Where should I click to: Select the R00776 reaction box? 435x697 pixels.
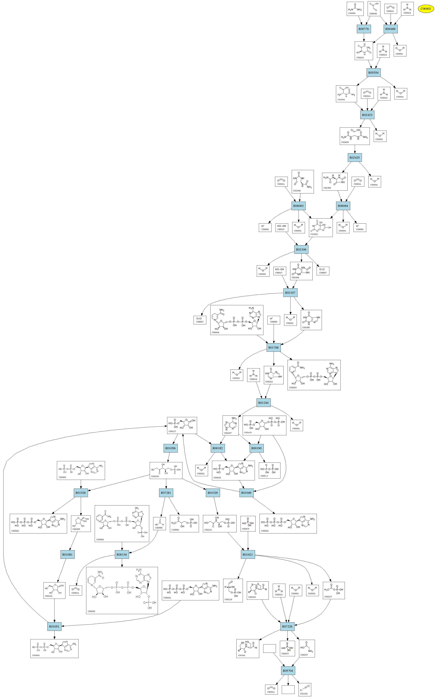tap(364, 29)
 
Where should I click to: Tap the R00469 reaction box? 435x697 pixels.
tap(390, 29)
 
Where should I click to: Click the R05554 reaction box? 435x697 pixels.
tap(373, 72)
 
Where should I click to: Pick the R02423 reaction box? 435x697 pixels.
tap(367, 115)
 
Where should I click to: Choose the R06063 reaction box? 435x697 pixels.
tap(298, 206)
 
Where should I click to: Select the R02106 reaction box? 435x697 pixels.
tap(301, 250)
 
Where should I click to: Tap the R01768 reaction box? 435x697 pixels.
tap(273, 347)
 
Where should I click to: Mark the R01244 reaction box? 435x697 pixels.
tap(263, 403)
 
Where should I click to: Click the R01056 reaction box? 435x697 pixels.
tap(170, 448)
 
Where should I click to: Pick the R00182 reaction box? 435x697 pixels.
tap(218, 448)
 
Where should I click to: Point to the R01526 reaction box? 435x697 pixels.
tap(81, 493)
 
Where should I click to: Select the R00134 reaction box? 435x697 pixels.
tap(122, 555)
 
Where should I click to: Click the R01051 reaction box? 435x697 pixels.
tap(54, 626)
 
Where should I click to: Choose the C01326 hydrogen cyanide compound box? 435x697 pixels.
tap(305, 690)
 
